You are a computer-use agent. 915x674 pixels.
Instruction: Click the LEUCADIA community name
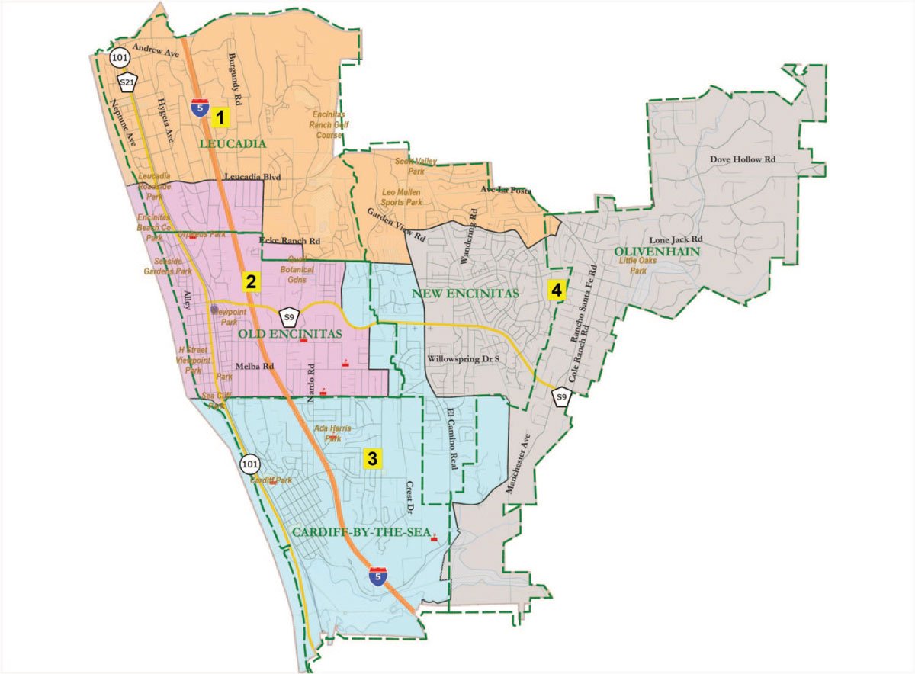coord(233,143)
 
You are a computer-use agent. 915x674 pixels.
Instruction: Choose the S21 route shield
coord(127,82)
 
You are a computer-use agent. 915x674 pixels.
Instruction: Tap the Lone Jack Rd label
coord(675,239)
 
